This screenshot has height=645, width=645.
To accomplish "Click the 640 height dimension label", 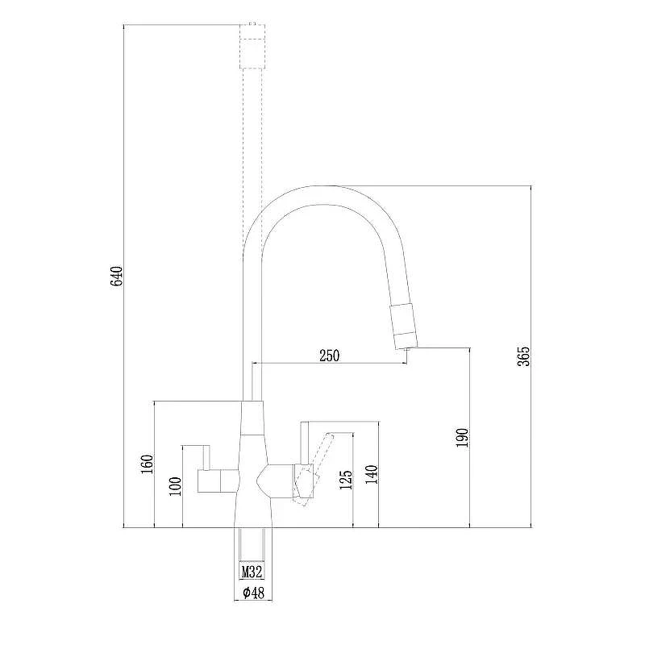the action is (117, 276).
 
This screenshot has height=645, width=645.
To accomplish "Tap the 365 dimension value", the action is (523, 356).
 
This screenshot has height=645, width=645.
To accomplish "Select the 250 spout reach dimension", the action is (330, 356).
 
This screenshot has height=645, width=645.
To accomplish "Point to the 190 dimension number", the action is (462, 438).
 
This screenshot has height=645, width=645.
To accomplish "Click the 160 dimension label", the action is (147, 464).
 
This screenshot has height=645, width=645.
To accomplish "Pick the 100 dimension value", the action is (175, 486).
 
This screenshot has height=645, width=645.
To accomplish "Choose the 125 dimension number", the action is (346, 480).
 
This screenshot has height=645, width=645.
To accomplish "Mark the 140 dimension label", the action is (372, 474).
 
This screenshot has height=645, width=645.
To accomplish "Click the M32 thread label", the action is (252, 572).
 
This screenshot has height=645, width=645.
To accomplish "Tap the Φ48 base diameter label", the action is (253, 593).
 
